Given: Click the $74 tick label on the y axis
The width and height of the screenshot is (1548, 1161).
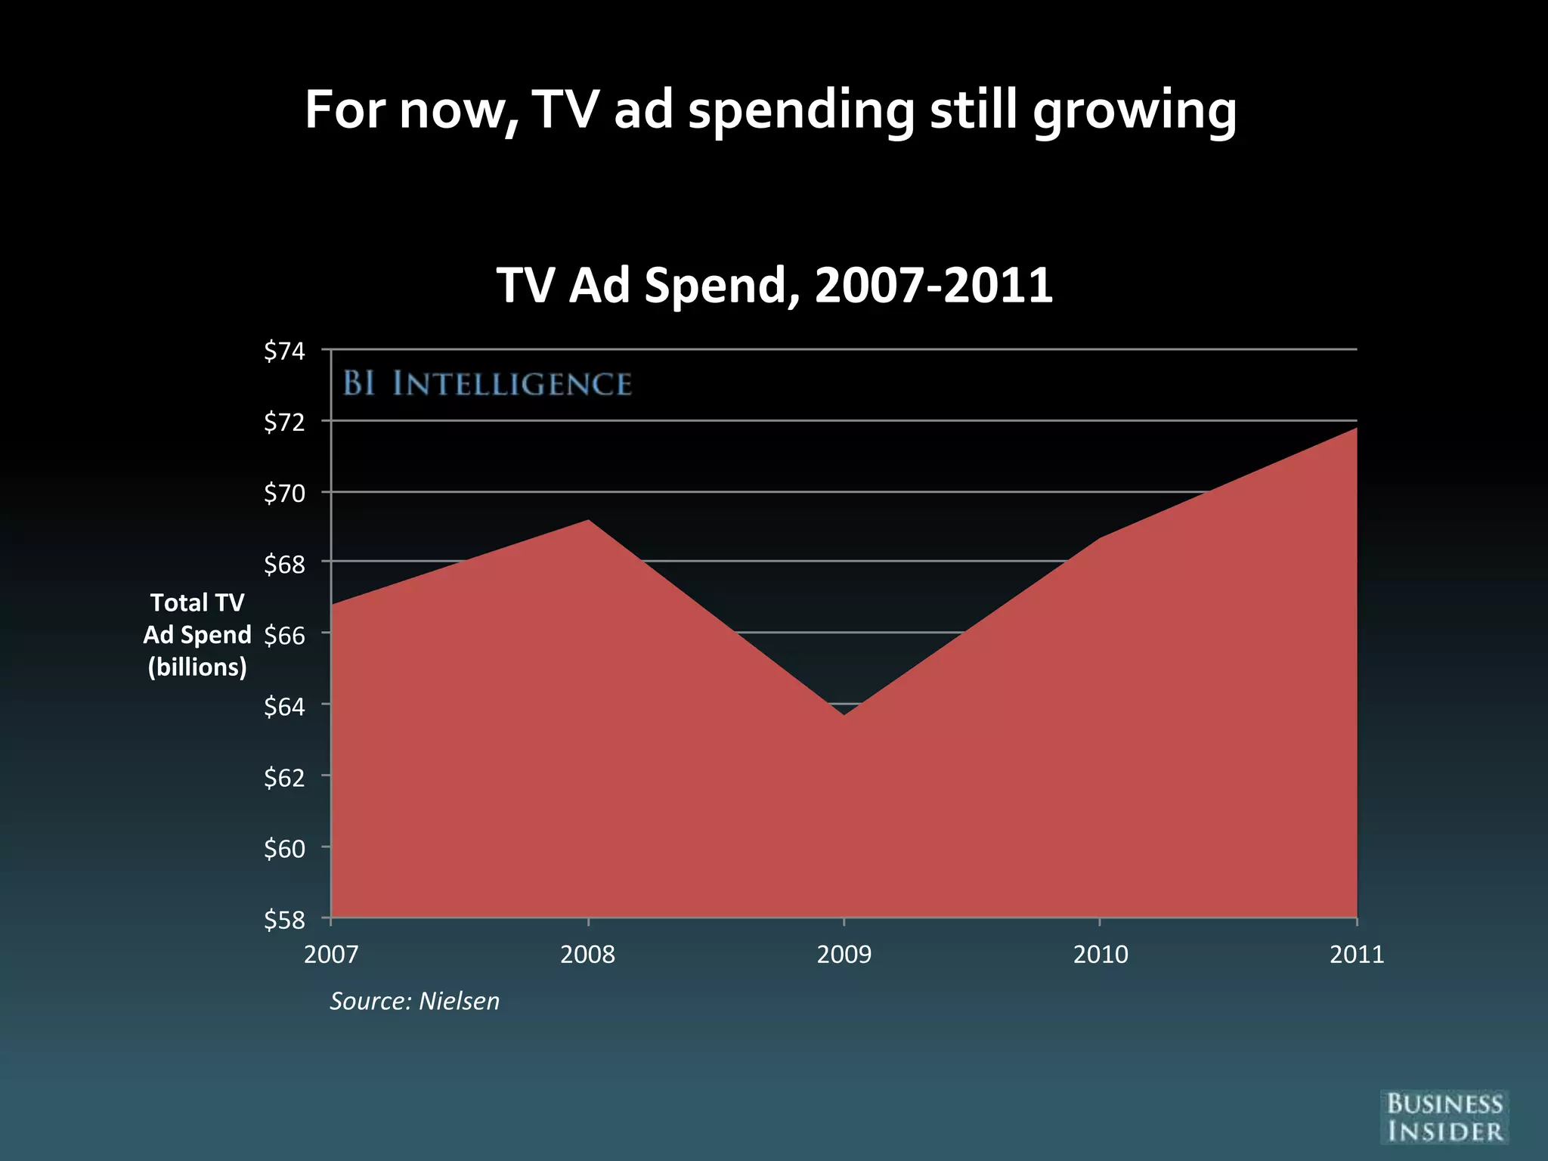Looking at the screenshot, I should tap(284, 351).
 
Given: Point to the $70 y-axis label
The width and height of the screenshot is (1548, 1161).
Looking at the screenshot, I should tap(284, 494).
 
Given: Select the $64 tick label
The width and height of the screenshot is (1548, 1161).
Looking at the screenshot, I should tap(284, 707).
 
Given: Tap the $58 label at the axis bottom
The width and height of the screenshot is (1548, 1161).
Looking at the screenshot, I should tap(284, 920).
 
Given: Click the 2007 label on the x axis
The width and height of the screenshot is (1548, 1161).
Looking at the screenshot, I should tap(331, 955).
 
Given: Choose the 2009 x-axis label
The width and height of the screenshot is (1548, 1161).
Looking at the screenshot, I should tap(844, 955).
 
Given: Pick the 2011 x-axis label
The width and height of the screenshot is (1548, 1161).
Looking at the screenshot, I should tap(1357, 955).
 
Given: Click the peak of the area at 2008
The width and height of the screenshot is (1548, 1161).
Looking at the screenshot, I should tap(588, 521).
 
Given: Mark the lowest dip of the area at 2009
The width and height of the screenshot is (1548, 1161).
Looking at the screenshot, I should tap(844, 714).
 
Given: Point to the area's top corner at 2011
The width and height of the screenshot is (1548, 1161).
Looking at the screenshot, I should tap(1355, 429).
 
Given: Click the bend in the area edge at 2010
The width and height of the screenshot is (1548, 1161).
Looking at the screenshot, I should tap(1101, 537).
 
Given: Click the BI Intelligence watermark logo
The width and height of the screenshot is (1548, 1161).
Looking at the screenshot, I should tap(488, 384).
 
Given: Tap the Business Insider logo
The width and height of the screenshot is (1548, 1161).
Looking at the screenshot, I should tap(1444, 1117).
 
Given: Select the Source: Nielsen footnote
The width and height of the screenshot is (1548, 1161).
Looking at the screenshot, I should tap(414, 1001).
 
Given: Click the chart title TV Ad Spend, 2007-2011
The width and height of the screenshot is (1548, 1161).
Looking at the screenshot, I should tap(774, 286).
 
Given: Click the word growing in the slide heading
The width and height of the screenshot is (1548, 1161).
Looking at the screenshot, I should tap(1135, 111).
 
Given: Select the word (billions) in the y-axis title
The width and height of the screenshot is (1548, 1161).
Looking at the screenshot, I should tap(197, 667).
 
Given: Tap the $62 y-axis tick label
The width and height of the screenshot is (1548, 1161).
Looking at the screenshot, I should tap(284, 778).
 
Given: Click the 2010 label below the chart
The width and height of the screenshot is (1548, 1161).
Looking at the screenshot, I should tap(1101, 955).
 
